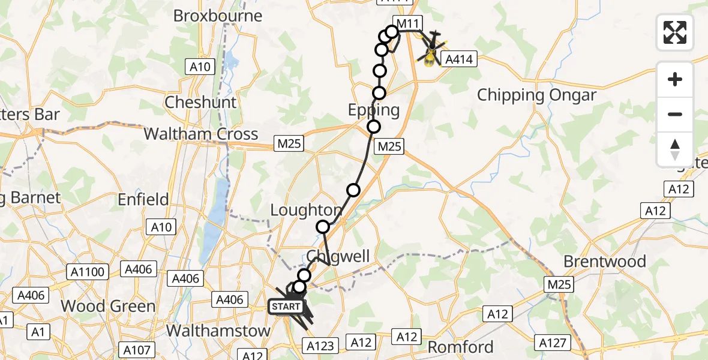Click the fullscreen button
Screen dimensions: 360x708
675,32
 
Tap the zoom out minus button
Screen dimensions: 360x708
675,114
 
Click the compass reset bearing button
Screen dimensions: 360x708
675,149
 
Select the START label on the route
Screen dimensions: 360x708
286,307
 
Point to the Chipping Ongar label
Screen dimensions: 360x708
536,95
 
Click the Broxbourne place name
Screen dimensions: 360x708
218,15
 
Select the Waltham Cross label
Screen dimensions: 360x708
201,133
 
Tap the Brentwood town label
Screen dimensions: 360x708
605,262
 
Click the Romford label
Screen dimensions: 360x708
460,347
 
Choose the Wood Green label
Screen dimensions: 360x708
108,306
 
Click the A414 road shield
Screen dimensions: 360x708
458,59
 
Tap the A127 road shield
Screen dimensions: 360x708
551,343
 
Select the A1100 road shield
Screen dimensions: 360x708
91,272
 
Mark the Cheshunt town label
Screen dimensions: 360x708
201,102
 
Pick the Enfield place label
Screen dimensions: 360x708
143,199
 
